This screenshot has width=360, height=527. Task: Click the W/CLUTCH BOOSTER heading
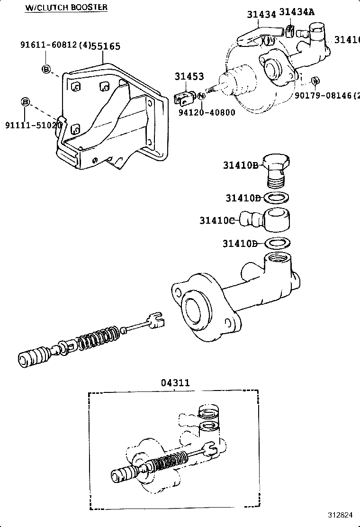(66, 7)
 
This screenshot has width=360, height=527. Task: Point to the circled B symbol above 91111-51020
(26, 102)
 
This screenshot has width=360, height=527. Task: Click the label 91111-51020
(33, 125)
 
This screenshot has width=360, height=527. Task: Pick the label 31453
(189, 76)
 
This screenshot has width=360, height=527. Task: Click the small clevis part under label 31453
(184, 98)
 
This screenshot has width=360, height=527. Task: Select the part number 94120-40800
(207, 113)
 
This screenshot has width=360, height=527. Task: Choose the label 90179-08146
(322, 95)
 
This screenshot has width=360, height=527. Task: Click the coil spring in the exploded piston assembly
(99, 338)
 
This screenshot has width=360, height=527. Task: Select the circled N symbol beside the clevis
(201, 96)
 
